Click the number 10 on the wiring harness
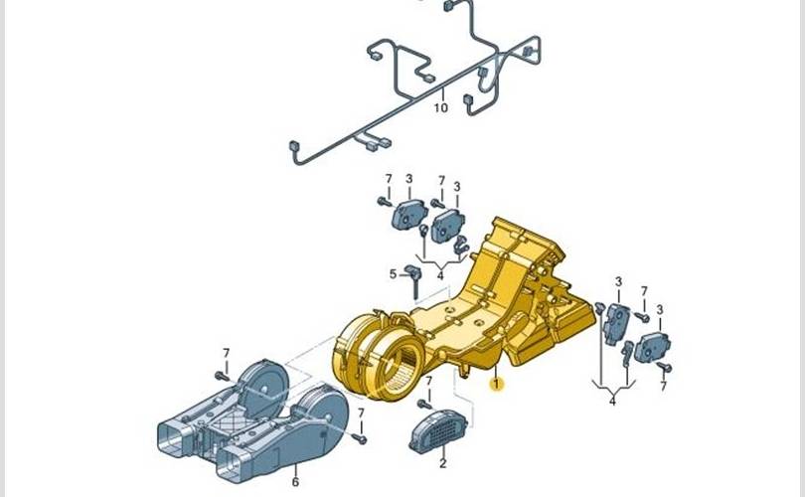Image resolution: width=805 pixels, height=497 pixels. pos(440,107)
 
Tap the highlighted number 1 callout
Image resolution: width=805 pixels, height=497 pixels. pos(496,384)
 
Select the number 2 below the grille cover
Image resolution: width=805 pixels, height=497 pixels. pos(443,463)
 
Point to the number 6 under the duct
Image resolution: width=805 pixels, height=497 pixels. pos(295,482)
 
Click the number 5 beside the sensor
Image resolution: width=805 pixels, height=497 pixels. pos(393,274)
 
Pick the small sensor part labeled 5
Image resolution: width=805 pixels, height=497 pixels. pos(412,280)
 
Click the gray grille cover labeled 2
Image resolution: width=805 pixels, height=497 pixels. pos(437,431)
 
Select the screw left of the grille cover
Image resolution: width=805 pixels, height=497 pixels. pos(424,405)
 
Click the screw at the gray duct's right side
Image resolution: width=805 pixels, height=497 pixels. pos(361,438)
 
